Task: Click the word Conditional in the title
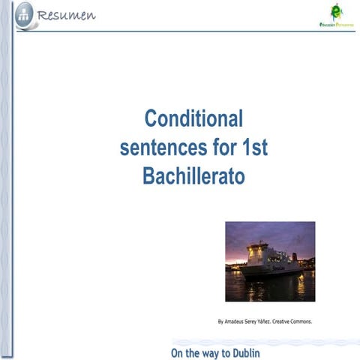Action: [194, 119]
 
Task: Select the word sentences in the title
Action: [161, 148]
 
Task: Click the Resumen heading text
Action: [65, 15]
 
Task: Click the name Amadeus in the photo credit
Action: [237, 322]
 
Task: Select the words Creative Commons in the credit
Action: [292, 322]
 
